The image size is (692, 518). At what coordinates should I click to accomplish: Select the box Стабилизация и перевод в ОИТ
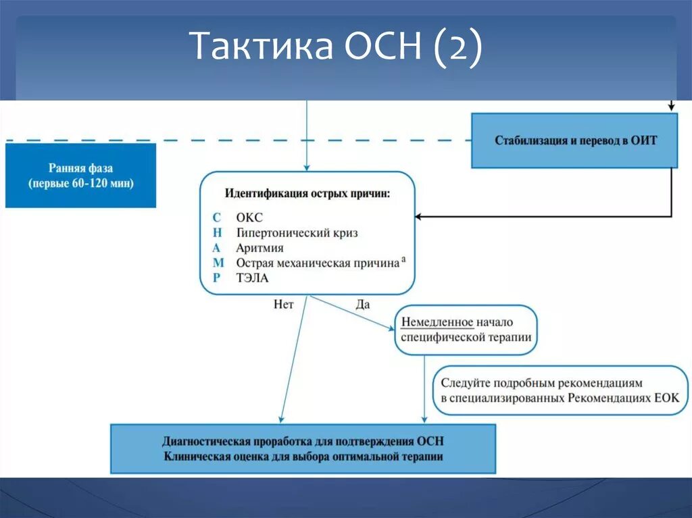click(575, 140)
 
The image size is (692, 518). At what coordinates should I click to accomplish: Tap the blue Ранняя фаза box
click(80, 175)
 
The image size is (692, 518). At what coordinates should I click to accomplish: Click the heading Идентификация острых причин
click(307, 193)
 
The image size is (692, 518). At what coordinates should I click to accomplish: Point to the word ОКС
click(249, 217)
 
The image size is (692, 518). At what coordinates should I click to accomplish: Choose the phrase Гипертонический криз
click(297, 232)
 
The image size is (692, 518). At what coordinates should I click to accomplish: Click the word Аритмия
click(259, 248)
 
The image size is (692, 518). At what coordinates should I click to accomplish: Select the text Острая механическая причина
click(317, 263)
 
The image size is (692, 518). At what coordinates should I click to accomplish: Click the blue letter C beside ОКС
click(217, 217)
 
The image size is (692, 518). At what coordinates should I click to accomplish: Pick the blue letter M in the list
click(218, 263)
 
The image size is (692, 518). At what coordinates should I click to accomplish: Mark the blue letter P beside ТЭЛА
click(216, 278)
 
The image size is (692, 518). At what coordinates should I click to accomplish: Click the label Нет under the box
click(284, 305)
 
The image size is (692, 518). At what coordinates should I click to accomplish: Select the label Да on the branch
click(363, 305)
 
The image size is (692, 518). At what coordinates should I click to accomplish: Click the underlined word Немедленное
click(437, 322)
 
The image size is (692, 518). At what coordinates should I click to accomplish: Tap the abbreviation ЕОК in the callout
click(666, 398)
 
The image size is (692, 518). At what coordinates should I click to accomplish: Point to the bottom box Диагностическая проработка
click(303, 448)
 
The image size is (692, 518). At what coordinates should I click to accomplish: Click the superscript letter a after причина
click(403, 258)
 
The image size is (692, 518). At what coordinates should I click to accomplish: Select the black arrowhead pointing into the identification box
click(419, 217)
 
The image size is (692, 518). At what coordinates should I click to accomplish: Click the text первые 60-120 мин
click(80, 184)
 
